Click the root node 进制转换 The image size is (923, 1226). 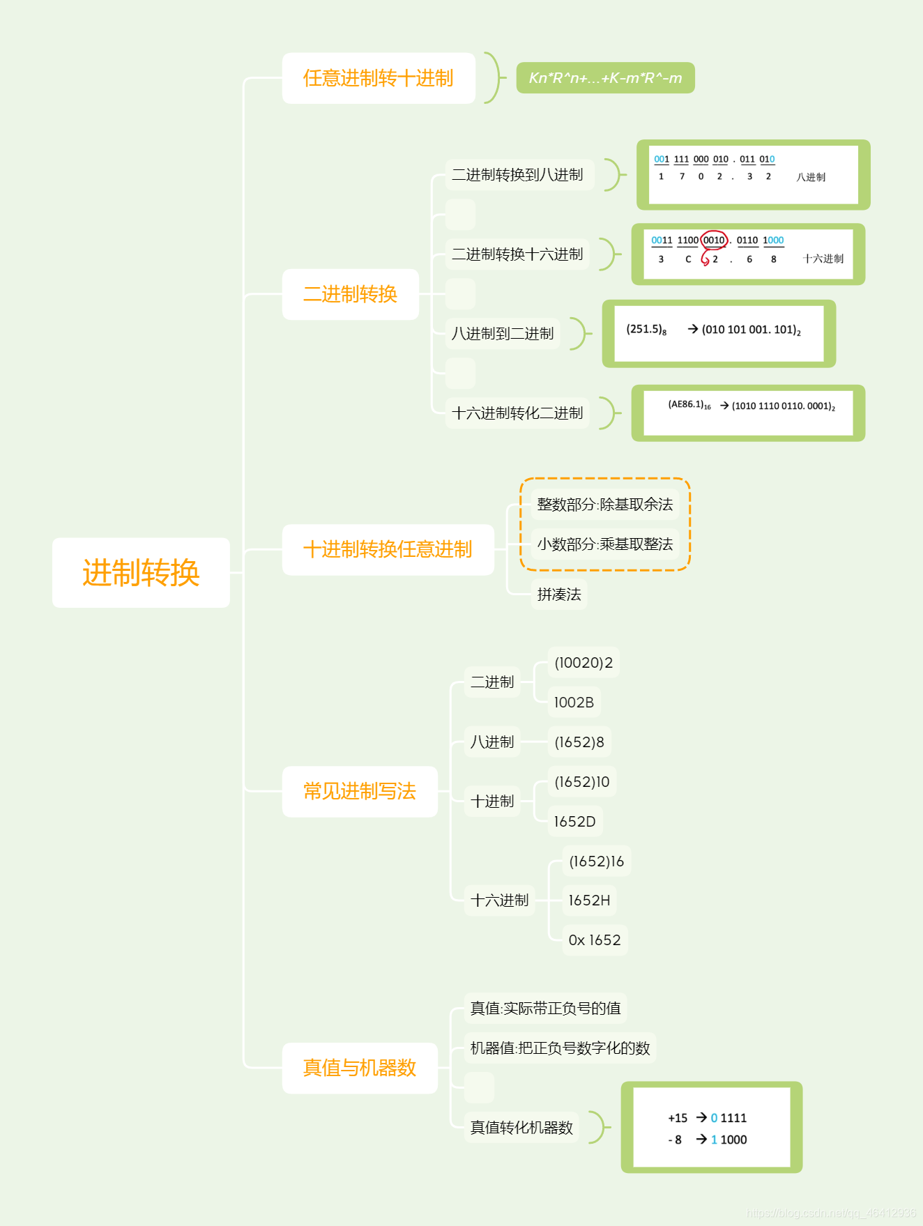[x=141, y=573]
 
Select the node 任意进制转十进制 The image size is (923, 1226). [x=378, y=78]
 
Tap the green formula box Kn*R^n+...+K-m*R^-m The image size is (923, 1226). [x=605, y=78]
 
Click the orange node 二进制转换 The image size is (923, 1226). [x=350, y=294]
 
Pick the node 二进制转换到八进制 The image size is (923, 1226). [x=517, y=175]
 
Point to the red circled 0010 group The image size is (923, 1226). [x=714, y=240]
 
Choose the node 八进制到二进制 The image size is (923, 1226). [x=503, y=334]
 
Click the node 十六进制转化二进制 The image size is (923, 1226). [x=517, y=413]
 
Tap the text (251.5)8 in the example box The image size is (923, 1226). [x=646, y=329]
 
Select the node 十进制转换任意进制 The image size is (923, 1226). [x=388, y=549]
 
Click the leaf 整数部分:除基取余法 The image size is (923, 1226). [x=604, y=505]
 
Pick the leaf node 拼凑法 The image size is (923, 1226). [x=559, y=595]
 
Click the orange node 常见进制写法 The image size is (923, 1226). [x=360, y=791]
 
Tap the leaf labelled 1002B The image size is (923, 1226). [x=574, y=703]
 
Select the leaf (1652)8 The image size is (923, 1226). [x=579, y=742]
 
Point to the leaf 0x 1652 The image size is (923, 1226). [x=595, y=940]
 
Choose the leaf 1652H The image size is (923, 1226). [x=589, y=901]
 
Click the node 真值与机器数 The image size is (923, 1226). [x=360, y=1068]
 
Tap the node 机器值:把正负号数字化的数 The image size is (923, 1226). [x=560, y=1048]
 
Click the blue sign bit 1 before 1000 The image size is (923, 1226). [x=714, y=1140]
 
